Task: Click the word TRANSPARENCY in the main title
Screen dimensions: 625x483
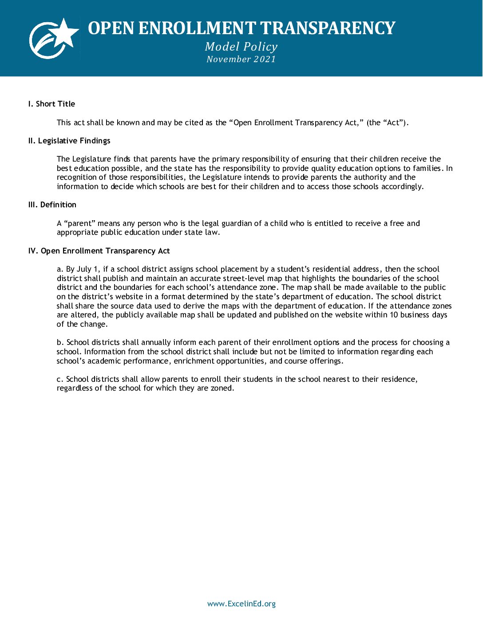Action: click(327, 28)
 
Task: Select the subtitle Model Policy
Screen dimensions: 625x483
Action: click(241, 47)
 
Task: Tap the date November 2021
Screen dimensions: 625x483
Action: click(241, 59)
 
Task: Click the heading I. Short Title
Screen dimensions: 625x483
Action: click(51, 104)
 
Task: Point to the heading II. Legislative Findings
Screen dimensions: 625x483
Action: click(69, 141)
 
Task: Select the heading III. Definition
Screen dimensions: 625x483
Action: click(52, 205)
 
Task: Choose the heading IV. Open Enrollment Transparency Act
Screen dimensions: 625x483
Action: click(99, 251)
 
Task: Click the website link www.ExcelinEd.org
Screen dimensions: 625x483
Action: click(241, 604)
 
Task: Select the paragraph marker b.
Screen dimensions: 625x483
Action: click(60, 342)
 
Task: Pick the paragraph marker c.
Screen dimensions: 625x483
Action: click(60, 379)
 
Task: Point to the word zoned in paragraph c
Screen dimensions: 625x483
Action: click(222, 388)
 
